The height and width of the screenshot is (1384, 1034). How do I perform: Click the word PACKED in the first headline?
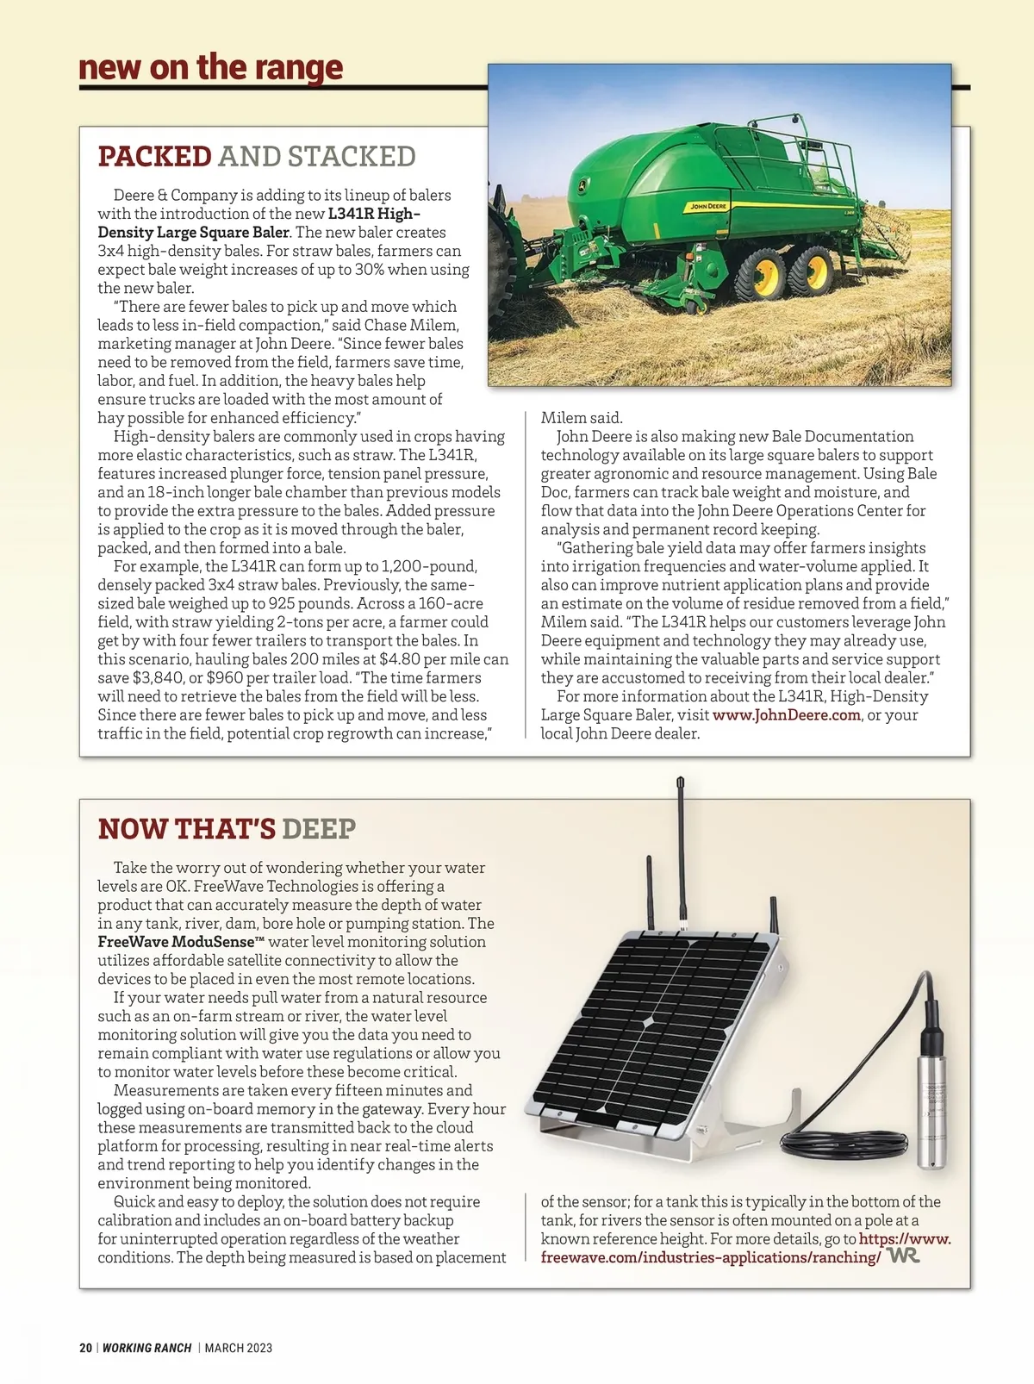tap(154, 157)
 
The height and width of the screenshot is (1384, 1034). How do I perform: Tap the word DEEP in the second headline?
tap(318, 829)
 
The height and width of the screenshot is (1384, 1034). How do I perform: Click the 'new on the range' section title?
tap(210, 67)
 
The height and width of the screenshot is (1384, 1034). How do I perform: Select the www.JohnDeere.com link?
tap(786, 715)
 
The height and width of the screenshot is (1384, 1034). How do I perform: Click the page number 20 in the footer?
tap(85, 1348)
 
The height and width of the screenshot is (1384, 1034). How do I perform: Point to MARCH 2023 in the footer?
tap(239, 1348)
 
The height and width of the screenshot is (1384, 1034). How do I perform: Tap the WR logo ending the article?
tap(904, 1256)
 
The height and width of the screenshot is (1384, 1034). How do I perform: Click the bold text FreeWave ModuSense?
tap(176, 942)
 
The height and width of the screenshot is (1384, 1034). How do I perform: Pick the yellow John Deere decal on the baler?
tap(708, 207)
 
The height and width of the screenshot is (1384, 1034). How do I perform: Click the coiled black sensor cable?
tap(844, 1144)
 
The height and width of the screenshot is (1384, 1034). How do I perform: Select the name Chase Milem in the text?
tap(411, 326)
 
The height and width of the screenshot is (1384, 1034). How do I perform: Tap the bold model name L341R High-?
tap(374, 214)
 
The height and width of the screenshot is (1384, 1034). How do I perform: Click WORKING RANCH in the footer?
tap(146, 1348)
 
